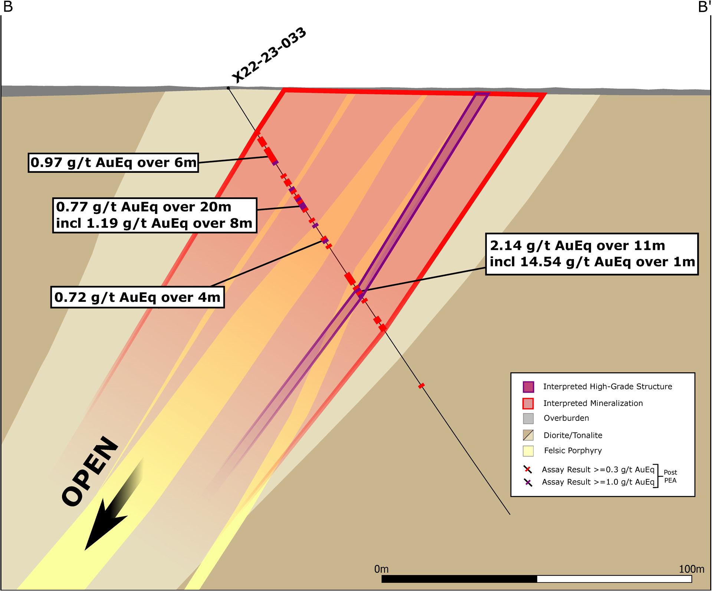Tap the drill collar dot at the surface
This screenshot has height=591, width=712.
tap(228, 88)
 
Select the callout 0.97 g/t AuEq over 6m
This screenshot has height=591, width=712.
tap(113, 163)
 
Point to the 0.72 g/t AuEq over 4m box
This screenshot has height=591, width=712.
tap(137, 297)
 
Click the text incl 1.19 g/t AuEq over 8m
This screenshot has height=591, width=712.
tap(154, 224)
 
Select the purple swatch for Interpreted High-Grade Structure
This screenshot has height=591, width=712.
tap(528, 387)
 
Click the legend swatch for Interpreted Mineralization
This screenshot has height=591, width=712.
tap(528, 403)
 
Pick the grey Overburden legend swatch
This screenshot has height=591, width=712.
tap(528, 419)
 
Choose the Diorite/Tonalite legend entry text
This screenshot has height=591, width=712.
tap(573, 435)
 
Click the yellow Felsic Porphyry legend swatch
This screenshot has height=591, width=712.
tap(528, 451)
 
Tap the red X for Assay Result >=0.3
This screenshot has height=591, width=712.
tap(528, 470)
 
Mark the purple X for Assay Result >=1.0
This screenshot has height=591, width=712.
tap(528, 482)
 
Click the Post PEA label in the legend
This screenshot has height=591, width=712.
tap(670, 476)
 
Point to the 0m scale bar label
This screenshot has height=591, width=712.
tap(381, 569)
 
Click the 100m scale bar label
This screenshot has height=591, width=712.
tap(691, 569)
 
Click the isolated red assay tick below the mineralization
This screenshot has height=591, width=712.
tap(421, 386)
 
